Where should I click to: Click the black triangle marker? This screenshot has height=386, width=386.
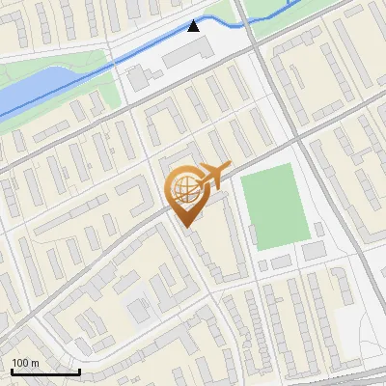(194, 26)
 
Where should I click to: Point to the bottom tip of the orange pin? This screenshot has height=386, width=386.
(185, 228)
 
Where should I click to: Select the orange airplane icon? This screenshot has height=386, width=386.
(213, 176)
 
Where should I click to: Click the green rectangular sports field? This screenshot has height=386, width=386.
(274, 205)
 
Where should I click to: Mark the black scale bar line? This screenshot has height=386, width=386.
(45, 371)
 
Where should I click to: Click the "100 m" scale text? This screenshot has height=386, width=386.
(26, 362)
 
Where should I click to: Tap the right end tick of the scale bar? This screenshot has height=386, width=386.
(79, 370)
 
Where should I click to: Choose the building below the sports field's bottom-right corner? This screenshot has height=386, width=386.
(314, 251)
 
